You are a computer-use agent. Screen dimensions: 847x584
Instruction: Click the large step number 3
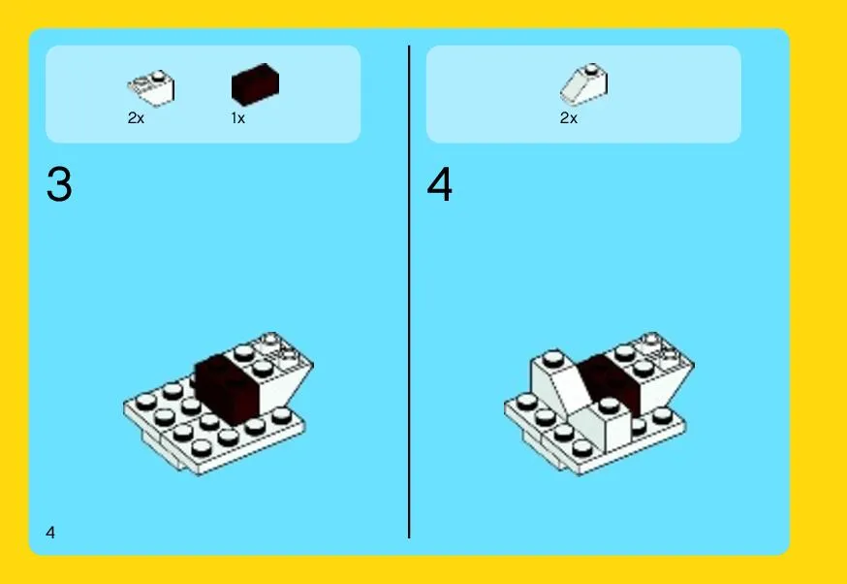click(59, 184)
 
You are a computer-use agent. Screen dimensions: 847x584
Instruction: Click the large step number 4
click(440, 184)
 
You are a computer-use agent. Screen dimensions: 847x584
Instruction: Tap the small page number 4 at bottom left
click(50, 533)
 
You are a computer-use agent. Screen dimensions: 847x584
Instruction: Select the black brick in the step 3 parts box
click(256, 84)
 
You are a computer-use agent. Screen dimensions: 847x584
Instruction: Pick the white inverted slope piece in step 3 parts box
click(151, 88)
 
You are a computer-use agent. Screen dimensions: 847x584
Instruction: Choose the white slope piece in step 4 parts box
click(584, 84)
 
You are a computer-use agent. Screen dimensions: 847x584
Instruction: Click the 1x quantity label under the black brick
click(238, 118)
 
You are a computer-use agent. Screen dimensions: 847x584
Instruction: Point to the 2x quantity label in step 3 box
click(136, 118)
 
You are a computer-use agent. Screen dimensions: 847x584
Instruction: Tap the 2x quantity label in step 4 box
click(569, 118)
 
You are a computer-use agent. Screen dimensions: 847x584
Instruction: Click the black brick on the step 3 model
click(227, 388)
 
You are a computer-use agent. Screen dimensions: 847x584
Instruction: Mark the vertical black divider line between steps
click(409, 292)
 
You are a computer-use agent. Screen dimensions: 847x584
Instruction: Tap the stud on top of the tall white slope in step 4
click(553, 358)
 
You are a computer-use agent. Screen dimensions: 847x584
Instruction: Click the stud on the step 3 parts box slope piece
click(158, 76)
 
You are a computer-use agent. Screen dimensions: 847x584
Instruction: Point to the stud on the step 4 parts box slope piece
click(592, 69)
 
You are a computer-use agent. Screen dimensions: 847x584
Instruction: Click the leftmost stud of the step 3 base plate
click(145, 402)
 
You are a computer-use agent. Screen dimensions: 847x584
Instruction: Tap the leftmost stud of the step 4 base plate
click(526, 402)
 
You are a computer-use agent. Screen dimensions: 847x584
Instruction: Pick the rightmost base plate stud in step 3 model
click(281, 415)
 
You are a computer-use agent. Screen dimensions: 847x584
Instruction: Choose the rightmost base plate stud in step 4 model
click(663, 415)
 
